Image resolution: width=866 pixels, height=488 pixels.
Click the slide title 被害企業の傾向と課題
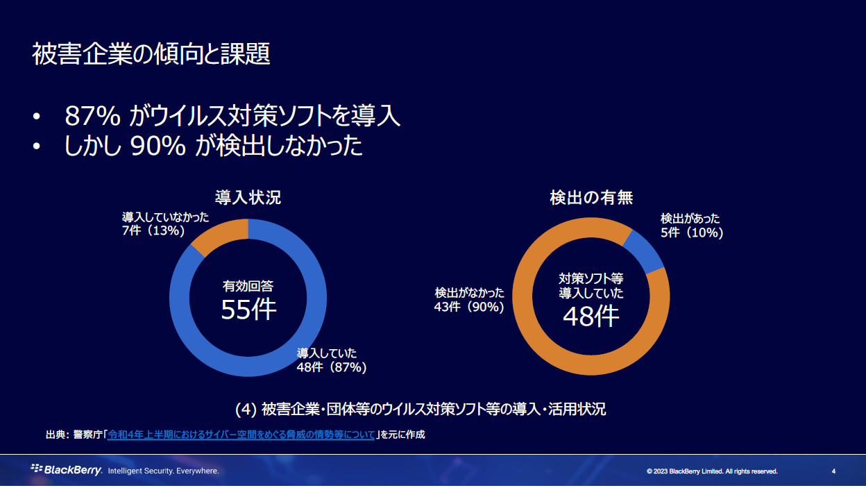[x=151, y=54]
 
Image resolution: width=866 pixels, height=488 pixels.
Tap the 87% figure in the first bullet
[x=94, y=115]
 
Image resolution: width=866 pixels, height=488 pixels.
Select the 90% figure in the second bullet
[x=158, y=146]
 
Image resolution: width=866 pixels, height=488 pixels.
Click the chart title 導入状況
[x=248, y=197]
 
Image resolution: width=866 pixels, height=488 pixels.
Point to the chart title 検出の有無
[x=591, y=197]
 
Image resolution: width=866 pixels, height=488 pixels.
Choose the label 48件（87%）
[x=332, y=367]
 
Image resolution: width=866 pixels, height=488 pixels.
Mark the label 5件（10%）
[x=692, y=233]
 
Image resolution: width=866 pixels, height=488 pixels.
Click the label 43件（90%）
[x=469, y=306]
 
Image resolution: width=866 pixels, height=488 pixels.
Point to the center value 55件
[x=248, y=310]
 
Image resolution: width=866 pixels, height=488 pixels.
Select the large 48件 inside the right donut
[x=591, y=317]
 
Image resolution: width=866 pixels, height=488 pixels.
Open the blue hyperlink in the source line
[x=241, y=435]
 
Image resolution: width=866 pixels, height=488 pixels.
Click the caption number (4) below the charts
[x=246, y=409]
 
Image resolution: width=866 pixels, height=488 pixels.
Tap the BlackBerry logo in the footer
[x=67, y=470]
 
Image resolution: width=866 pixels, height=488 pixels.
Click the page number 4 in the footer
[x=833, y=471]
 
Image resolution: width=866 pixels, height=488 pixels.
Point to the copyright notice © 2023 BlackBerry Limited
[x=712, y=471]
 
